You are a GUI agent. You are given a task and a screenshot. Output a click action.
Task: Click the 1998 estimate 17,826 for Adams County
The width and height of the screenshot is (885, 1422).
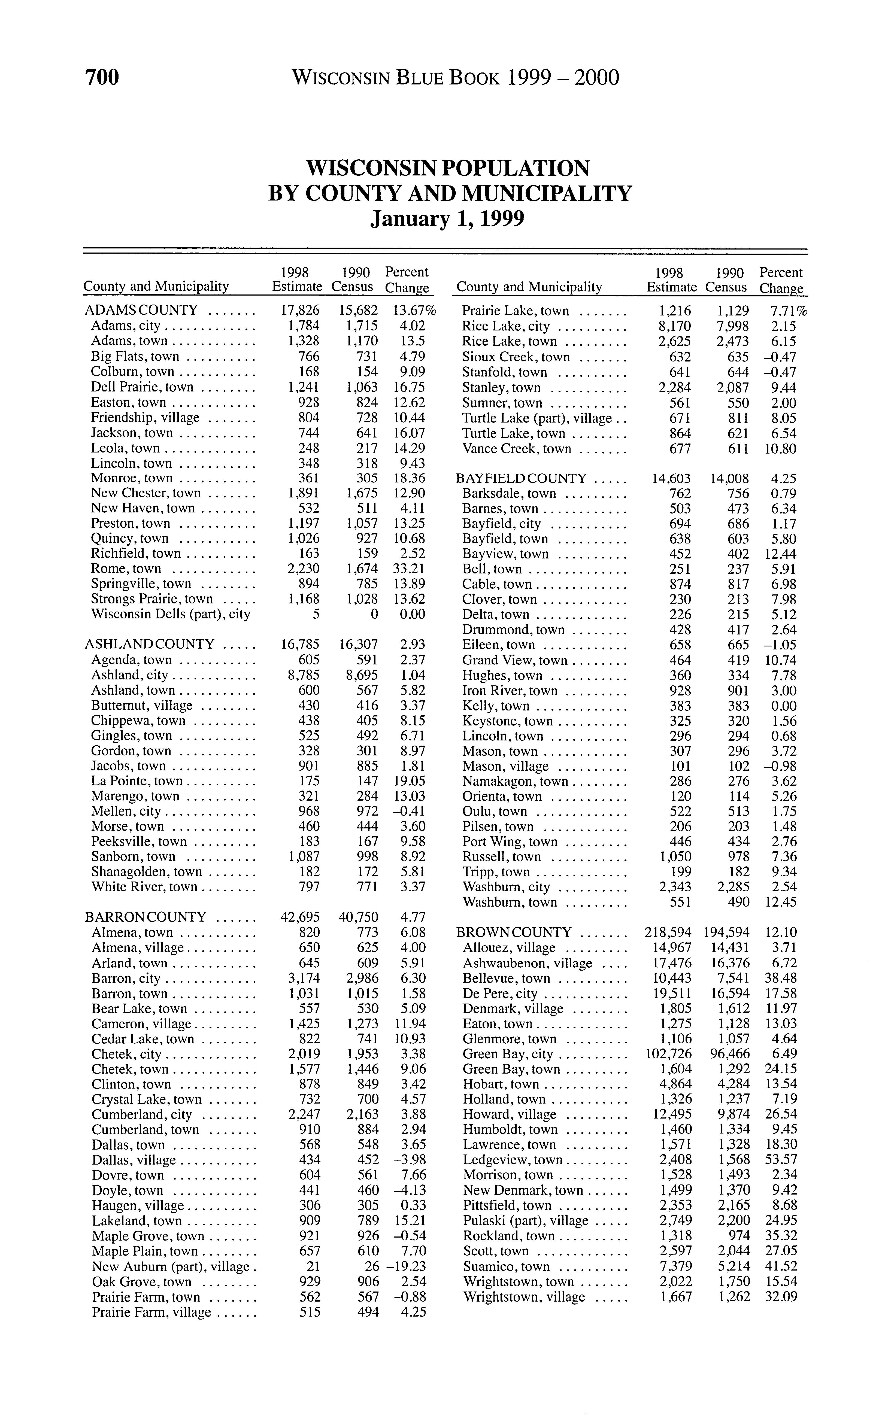[x=300, y=310]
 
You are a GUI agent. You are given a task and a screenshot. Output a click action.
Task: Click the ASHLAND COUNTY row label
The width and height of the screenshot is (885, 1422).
[x=149, y=644]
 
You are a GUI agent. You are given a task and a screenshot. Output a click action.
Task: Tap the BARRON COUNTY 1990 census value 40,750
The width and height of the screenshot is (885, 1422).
[x=358, y=917]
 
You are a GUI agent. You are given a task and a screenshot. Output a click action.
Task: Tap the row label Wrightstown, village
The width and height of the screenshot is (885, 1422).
[x=524, y=1297]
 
